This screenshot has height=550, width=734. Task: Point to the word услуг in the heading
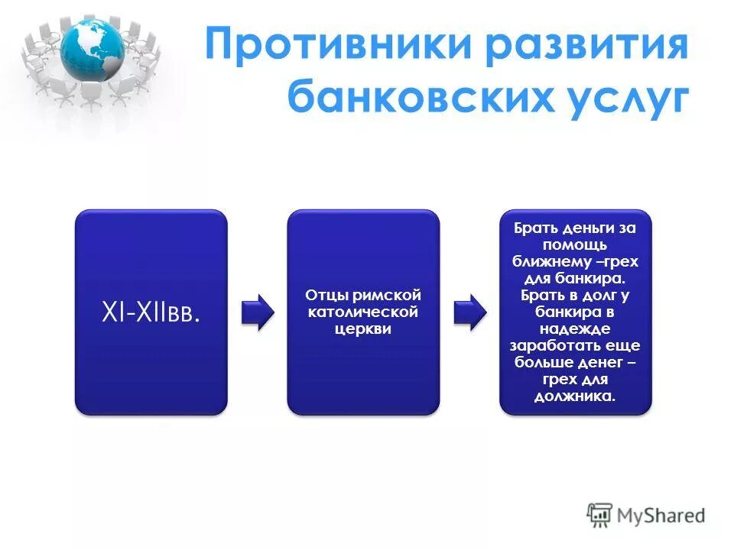click(x=624, y=99)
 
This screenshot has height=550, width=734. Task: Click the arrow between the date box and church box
click(x=257, y=312)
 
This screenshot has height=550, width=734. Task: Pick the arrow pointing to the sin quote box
click(x=469, y=312)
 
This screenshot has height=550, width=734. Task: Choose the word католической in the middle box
click(x=363, y=312)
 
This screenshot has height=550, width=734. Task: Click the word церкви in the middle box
click(x=363, y=328)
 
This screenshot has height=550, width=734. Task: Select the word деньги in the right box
click(x=588, y=228)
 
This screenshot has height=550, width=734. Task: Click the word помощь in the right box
click(x=575, y=244)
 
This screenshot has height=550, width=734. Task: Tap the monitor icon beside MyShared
click(x=600, y=515)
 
